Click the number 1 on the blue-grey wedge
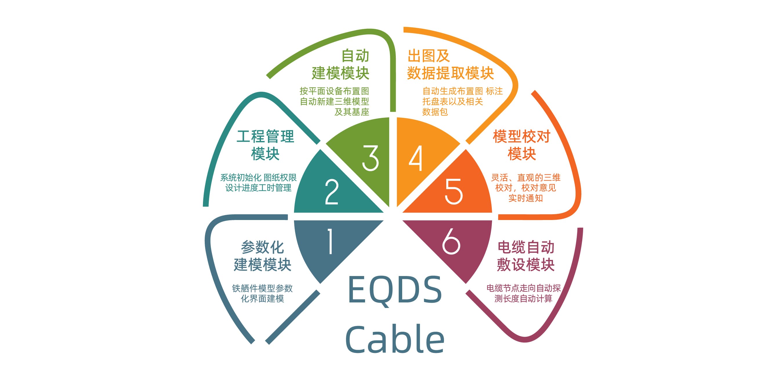(x=330, y=241)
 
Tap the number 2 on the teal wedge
(x=331, y=192)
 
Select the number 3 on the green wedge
(x=370, y=158)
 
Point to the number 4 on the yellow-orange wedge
(x=416, y=158)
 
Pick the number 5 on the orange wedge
(x=454, y=191)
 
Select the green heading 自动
(x=355, y=56)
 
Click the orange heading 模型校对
(x=521, y=136)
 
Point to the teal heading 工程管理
(x=265, y=136)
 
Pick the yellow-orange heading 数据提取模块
(x=451, y=73)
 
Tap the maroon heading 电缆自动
(x=526, y=247)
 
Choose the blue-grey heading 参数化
(x=262, y=247)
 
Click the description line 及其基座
(x=351, y=112)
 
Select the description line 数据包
(x=435, y=112)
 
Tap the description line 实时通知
(x=526, y=198)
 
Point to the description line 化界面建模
(x=262, y=299)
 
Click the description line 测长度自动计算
(x=524, y=299)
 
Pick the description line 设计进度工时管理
(x=258, y=188)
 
